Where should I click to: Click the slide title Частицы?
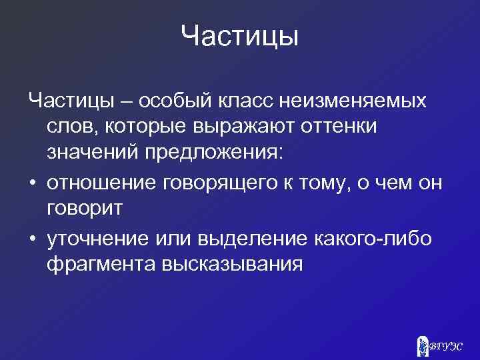(239, 36)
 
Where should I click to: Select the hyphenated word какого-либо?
(377, 237)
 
